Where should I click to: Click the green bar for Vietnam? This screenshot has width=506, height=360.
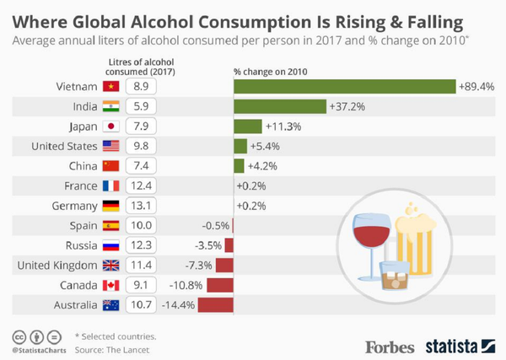(x=344, y=86)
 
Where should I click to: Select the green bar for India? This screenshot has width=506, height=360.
(x=279, y=106)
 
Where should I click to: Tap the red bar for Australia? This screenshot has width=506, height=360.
(x=217, y=305)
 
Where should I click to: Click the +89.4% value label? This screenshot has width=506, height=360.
(x=476, y=86)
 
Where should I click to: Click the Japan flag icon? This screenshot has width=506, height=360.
(x=110, y=126)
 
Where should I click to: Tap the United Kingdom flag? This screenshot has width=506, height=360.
(x=110, y=266)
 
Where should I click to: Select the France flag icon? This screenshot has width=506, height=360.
(x=110, y=185)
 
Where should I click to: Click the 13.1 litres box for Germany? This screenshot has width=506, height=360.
(x=140, y=206)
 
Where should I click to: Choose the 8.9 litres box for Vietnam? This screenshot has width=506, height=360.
(x=140, y=86)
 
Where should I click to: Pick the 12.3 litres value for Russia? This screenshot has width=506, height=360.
(x=140, y=245)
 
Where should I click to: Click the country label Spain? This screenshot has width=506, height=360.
(x=83, y=226)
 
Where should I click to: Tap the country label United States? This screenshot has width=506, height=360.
(x=64, y=146)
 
